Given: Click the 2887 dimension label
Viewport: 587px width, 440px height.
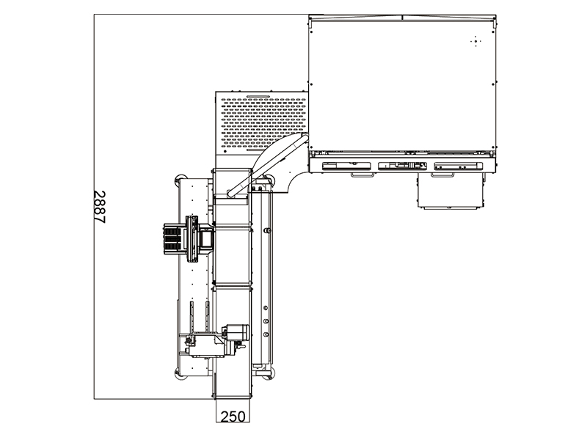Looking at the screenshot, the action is click(100, 207).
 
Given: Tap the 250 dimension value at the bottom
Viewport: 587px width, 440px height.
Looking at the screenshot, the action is click(233, 417).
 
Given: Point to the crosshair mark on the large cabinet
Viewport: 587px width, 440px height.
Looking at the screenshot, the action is click(475, 41).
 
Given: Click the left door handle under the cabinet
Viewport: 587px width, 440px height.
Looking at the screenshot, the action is click(362, 175).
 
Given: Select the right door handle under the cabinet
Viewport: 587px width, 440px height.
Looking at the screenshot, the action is click(442, 175).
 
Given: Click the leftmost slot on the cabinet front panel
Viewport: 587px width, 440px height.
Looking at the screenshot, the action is click(346, 166).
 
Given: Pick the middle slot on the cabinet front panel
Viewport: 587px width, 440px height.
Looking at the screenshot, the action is click(402, 166).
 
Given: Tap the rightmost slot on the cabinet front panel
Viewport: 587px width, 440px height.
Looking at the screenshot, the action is click(458, 166).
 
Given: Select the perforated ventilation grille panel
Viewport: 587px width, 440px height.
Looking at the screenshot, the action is click(263, 122).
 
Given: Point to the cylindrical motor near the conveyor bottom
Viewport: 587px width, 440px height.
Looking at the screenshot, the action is click(236, 332).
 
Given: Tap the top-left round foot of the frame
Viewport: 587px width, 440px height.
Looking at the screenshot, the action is click(179, 179).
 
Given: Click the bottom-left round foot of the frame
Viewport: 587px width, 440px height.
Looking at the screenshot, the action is click(179, 373).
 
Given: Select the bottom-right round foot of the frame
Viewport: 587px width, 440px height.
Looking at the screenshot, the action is click(271, 373).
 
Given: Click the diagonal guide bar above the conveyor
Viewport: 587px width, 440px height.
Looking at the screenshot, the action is click(267, 165).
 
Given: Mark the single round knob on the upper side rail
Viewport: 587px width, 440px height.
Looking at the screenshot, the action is click(266, 231).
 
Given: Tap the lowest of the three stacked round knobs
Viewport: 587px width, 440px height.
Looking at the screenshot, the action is click(266, 334).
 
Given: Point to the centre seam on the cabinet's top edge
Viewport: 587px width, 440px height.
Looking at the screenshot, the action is click(402, 17).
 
